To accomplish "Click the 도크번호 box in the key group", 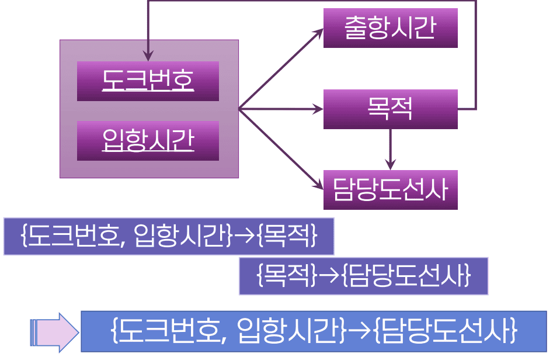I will tap(148, 81).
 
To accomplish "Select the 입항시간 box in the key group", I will tap(148, 140).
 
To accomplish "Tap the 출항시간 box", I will tap(390, 28).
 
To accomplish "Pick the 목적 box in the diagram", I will tap(390, 109).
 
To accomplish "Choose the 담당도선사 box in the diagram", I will tap(390, 189).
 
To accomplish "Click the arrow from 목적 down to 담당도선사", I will tap(390, 149).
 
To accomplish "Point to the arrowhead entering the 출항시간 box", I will tap(319, 30).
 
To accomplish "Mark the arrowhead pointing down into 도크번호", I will tap(148, 57).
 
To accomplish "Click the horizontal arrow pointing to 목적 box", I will tap(280, 109).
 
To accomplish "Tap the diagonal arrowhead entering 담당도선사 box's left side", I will tap(319, 186).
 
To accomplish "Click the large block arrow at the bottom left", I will tap(54, 332).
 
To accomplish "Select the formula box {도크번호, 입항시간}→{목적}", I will tap(169, 237).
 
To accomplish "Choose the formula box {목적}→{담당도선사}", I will tap(363, 276).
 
